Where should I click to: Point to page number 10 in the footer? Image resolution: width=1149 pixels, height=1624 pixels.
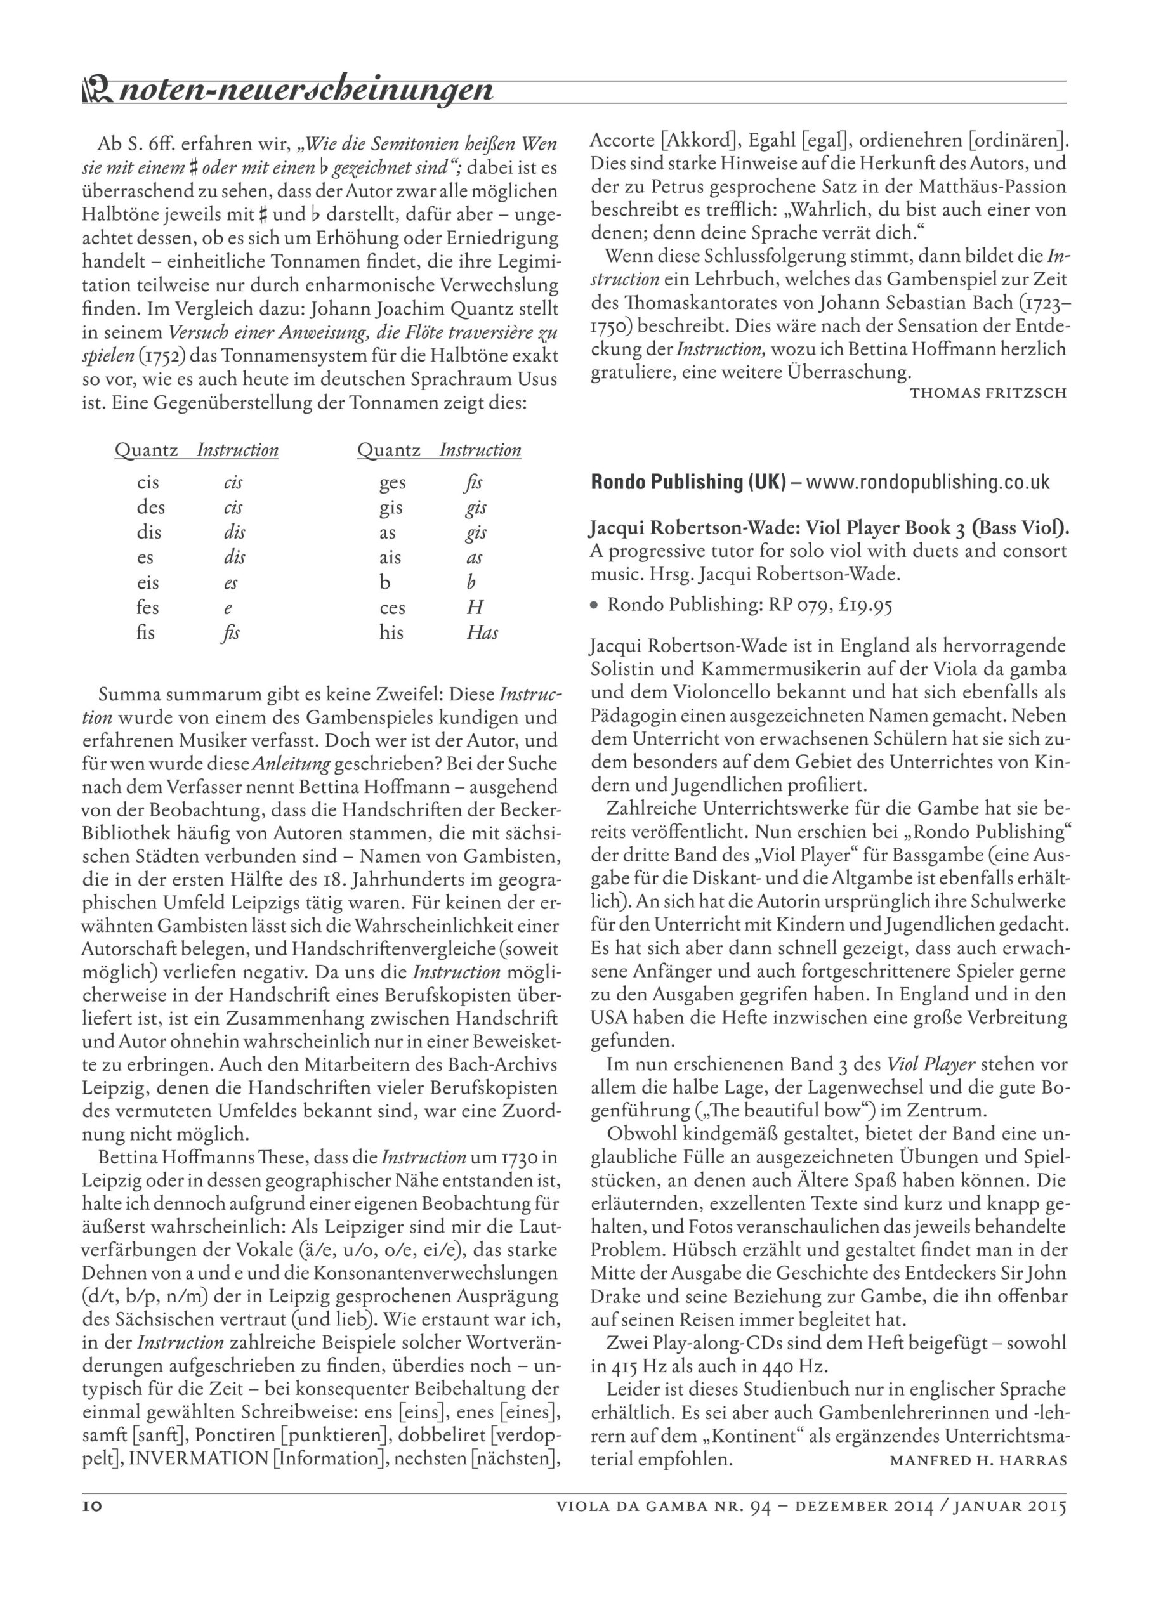(92, 1507)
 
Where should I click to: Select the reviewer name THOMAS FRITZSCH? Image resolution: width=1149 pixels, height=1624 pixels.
(988, 393)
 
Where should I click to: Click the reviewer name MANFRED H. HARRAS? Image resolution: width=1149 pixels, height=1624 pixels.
(978, 1460)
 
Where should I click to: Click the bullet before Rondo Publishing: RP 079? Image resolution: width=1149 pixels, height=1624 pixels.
(596, 605)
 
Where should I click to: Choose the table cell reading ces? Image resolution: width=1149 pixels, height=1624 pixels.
(392, 608)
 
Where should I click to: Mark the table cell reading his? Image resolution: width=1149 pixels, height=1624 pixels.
(391, 633)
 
